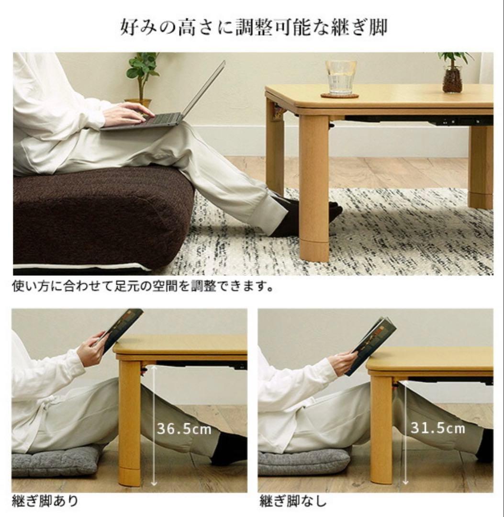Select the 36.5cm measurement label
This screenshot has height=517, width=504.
pos(184,429)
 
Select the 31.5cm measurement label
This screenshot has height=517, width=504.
pos(437,427)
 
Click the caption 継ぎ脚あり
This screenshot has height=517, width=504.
pos(45,501)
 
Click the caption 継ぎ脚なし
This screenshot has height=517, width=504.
pos(293,501)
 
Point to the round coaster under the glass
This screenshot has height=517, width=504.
pos(339,96)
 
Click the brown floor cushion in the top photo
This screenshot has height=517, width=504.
pos(101,215)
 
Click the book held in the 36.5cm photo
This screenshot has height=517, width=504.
pos(123,327)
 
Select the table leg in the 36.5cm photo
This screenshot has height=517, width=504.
pos(130,421)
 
